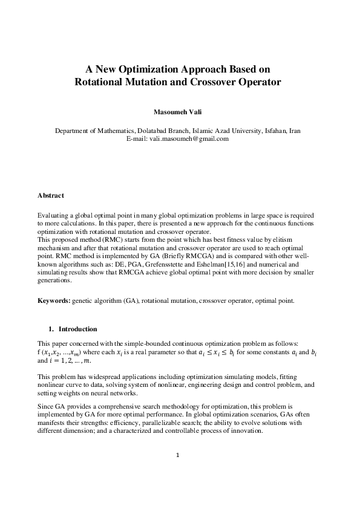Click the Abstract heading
[x=51, y=196]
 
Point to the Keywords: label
[x=54, y=300]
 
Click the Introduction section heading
[x=77, y=329]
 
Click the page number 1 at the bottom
[x=178, y=472]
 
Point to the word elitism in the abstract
[x=304, y=241]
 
